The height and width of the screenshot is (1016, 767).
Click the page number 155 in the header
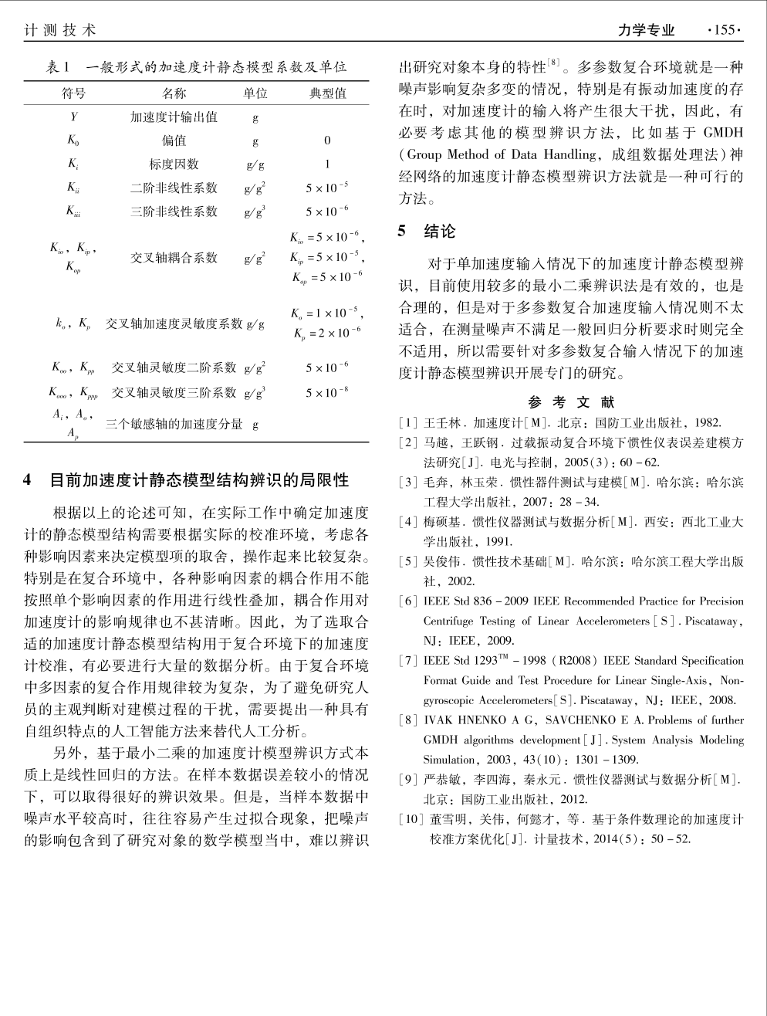[x=725, y=30]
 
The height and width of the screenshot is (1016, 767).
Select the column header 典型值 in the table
[x=327, y=93]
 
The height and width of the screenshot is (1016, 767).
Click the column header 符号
[x=73, y=93]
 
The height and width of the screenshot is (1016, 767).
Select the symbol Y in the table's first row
[x=73, y=117]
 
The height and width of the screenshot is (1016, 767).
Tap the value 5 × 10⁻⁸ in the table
[x=327, y=393]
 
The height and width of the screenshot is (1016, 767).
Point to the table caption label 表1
[x=59, y=67]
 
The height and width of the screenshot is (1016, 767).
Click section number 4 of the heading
[x=29, y=480]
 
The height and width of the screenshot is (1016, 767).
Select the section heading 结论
[x=440, y=231]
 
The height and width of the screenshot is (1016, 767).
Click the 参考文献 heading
[x=571, y=402]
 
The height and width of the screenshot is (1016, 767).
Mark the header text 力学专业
[x=646, y=30]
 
